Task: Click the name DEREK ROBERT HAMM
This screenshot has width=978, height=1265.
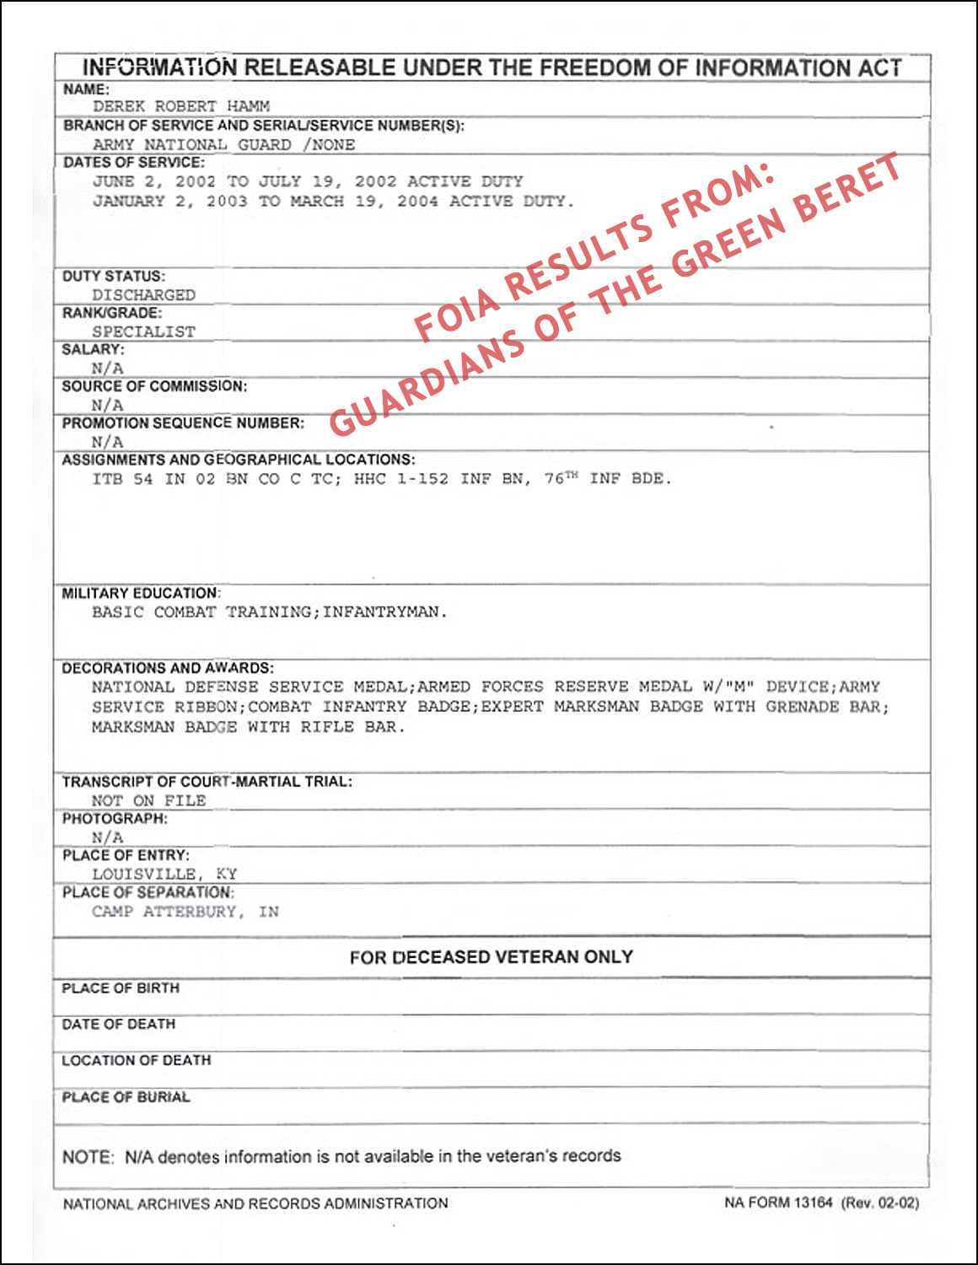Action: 181,107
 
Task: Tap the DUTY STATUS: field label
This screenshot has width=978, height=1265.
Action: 114,277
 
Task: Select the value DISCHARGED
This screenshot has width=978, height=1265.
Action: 143,295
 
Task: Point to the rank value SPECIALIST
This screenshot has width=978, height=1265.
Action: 143,332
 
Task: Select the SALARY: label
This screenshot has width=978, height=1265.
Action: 93,350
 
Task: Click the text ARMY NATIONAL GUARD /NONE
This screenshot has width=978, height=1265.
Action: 223,145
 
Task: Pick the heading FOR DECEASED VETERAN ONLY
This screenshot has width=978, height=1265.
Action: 492,957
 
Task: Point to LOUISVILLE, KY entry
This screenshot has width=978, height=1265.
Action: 164,875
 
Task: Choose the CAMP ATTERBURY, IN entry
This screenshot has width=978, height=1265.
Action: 185,912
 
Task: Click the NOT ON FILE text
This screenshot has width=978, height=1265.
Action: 148,801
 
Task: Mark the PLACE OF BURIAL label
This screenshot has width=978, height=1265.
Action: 126,1097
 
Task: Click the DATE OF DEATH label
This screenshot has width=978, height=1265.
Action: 119,1025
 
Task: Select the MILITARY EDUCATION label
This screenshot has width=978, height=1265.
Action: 141,594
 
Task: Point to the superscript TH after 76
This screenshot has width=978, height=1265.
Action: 572,476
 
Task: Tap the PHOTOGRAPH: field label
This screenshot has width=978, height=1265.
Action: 115,819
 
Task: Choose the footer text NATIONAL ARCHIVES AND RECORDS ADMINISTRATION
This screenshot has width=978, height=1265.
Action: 255,1203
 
